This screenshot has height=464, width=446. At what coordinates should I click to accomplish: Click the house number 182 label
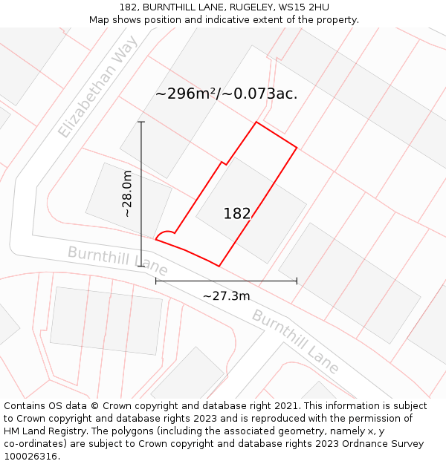click(237, 214)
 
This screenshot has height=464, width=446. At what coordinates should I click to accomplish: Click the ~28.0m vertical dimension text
click(127, 193)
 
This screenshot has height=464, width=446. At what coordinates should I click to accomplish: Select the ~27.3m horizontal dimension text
click(226, 296)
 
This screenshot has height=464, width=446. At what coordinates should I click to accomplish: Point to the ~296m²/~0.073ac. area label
click(226, 94)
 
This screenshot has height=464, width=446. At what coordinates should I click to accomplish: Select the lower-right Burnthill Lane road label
click(295, 341)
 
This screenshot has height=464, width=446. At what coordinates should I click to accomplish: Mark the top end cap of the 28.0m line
click(141, 122)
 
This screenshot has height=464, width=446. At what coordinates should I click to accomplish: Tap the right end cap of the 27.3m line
click(297, 281)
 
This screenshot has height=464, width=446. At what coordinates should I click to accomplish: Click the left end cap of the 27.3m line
click(155, 281)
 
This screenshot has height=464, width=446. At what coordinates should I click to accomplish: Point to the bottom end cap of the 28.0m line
click(141, 266)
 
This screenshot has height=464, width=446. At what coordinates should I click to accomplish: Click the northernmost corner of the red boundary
click(256, 122)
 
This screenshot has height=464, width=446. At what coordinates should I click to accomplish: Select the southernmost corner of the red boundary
click(219, 266)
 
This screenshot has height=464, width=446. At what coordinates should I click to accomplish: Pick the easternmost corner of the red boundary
click(297, 148)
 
